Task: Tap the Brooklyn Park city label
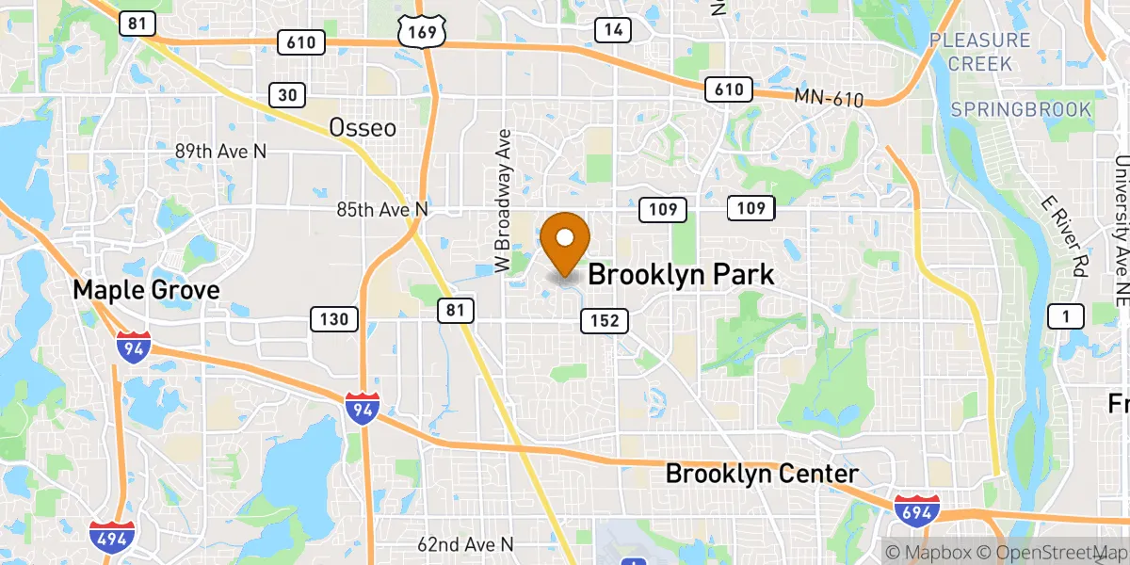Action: [x=681, y=275]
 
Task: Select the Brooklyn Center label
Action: [x=762, y=474]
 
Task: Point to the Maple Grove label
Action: [x=146, y=290]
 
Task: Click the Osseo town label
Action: [x=363, y=128]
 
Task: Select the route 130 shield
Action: [x=334, y=319]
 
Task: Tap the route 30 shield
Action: [x=286, y=94]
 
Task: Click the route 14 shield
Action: [x=613, y=30]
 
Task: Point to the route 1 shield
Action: [x=1065, y=316]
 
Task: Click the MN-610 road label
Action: [x=828, y=96]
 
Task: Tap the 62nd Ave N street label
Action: [x=466, y=544]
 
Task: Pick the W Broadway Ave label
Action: [x=504, y=202]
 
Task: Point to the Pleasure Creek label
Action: [x=980, y=52]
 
